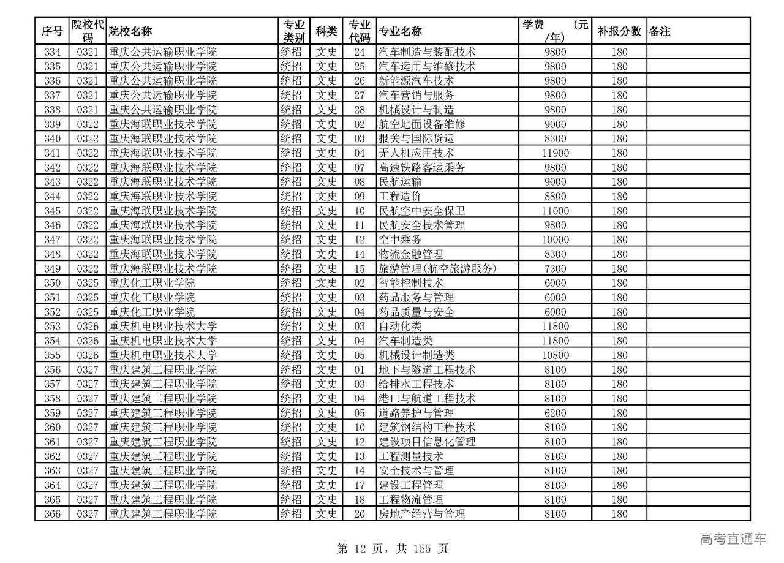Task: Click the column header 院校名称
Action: point(130,31)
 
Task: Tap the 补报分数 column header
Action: point(619,31)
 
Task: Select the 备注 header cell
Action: point(660,31)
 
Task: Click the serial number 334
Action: point(53,52)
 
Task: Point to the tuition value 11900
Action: point(556,153)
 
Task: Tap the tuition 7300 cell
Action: point(556,268)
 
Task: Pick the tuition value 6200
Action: point(556,413)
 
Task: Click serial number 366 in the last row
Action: point(53,514)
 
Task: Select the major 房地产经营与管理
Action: point(422,514)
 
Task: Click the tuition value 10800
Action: point(556,355)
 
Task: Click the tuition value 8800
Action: point(556,197)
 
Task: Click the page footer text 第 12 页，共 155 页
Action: point(393,549)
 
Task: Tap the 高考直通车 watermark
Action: point(733,539)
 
